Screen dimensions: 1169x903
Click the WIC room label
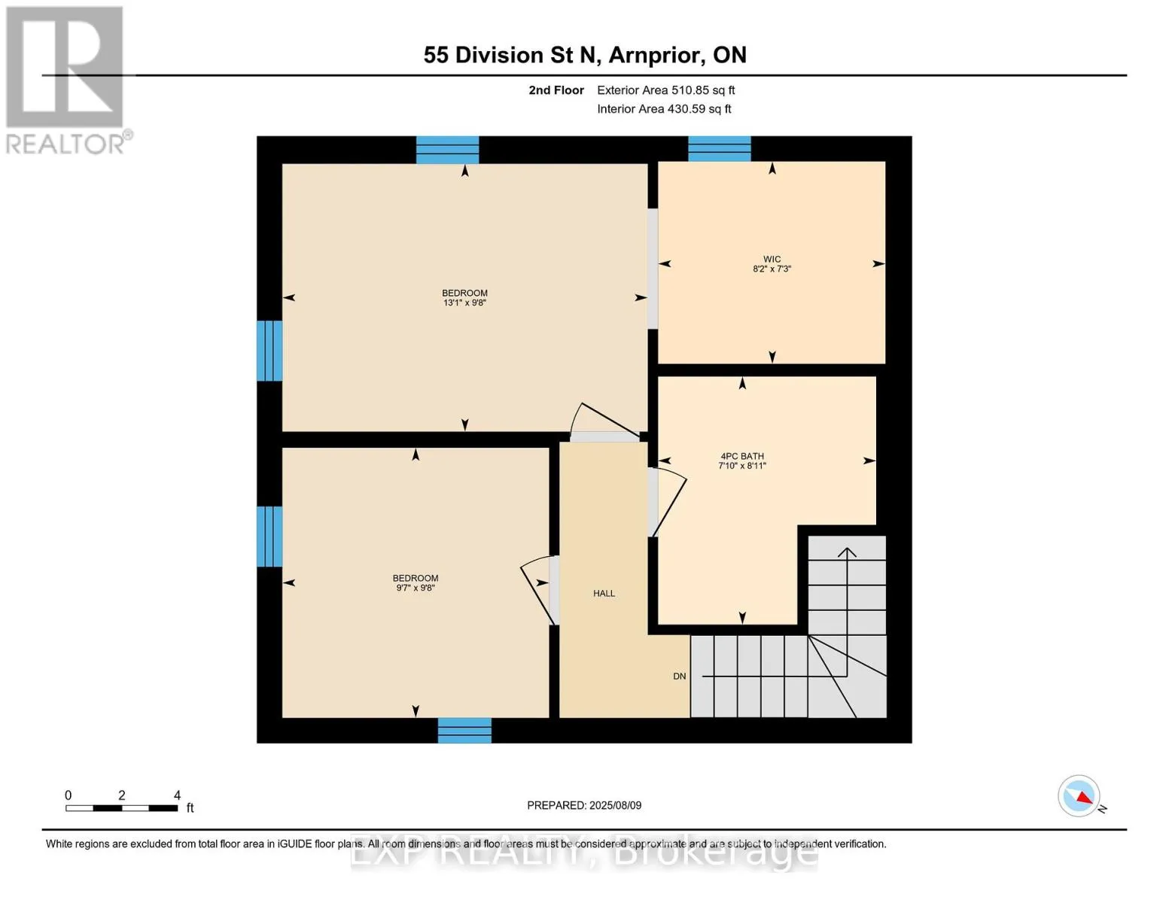tap(772, 259)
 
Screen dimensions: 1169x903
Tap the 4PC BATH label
tap(742, 456)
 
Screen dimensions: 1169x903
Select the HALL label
tap(604, 593)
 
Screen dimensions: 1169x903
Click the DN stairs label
tap(680, 676)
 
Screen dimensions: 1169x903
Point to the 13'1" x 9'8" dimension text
tap(464, 303)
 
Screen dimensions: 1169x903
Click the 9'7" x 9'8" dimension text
tap(416, 588)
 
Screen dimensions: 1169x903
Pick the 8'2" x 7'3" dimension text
tap(772, 269)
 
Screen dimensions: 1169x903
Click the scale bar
tap(122, 807)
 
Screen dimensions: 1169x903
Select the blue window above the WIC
tap(720, 149)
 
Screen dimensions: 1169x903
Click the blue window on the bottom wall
tap(464, 731)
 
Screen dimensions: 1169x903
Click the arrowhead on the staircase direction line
tap(847, 552)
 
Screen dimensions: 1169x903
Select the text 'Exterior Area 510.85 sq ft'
tap(665, 90)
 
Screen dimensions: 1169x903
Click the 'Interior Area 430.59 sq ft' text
tap(664, 109)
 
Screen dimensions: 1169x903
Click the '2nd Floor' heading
tap(556, 90)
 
